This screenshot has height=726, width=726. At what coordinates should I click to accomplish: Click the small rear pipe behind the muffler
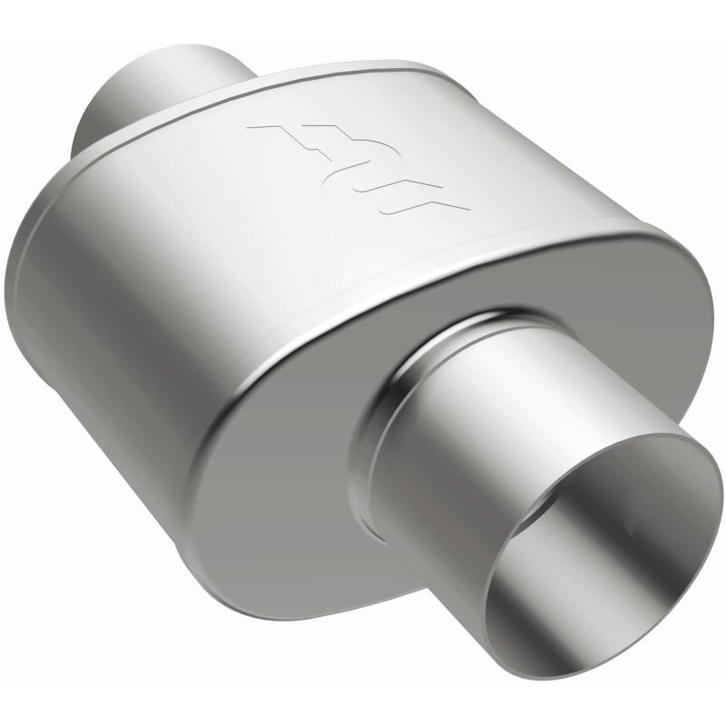tap(154, 91)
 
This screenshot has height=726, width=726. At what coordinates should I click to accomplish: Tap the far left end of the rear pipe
tap(80, 127)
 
